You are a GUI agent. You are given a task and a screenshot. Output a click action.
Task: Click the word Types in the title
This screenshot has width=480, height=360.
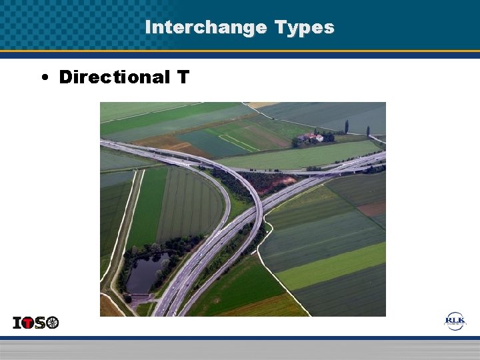303,27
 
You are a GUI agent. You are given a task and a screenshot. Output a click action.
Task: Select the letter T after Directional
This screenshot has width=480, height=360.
183,77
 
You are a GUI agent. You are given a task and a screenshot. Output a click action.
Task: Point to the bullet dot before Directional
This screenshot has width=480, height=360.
43,78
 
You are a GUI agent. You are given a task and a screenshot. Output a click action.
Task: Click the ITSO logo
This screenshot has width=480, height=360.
36,323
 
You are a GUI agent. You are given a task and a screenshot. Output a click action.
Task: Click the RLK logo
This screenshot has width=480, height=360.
455,321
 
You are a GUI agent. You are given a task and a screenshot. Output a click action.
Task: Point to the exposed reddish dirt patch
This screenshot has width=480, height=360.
287,181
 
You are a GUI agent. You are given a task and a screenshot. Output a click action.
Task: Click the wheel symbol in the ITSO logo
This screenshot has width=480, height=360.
52,323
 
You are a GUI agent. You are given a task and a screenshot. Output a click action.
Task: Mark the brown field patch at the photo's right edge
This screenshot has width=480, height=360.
373,209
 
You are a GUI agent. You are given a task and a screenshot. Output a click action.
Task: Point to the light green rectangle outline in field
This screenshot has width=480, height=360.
238,143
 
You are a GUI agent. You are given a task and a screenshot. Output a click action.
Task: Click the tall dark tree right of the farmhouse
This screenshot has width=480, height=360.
346,127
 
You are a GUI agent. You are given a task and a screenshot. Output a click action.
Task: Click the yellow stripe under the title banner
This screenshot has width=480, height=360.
240,51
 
